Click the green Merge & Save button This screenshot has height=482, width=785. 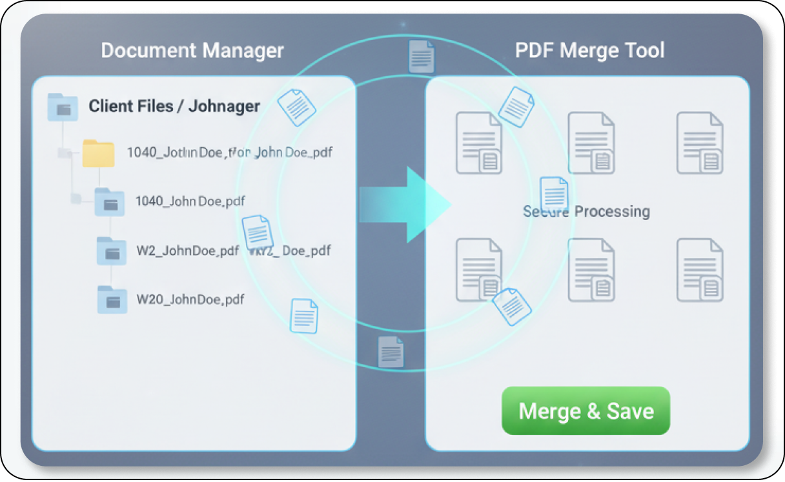[586, 411]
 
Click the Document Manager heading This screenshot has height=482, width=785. [192, 50]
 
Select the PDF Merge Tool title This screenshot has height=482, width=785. [589, 50]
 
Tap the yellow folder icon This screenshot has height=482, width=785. [98, 154]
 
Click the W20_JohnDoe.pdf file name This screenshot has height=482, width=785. [190, 299]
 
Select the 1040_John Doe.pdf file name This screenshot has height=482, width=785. [190, 201]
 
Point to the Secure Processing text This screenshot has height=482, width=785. [586, 212]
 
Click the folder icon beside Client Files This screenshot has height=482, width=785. [63, 107]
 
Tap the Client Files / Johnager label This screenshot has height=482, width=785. [174, 106]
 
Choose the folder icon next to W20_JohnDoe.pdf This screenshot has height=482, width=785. [112, 300]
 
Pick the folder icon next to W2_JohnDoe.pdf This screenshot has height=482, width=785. [111, 251]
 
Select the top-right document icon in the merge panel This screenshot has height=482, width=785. [700, 143]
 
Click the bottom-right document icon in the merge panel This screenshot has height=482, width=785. [700, 270]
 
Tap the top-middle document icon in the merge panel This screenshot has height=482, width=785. [591, 143]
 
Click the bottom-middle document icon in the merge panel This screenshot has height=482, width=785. [591, 270]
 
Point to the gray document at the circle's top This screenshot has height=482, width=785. [421, 57]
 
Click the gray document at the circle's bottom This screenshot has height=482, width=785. [391, 352]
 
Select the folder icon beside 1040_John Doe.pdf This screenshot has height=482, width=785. [109, 202]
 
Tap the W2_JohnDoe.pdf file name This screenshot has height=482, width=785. [188, 251]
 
